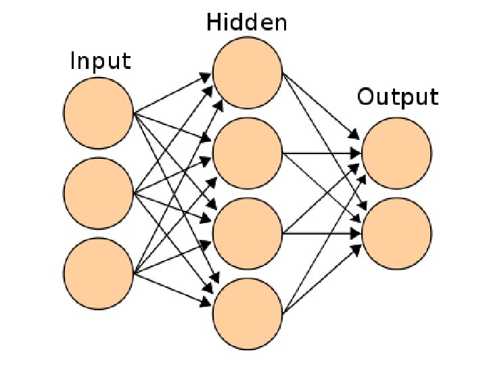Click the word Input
pos(101,63)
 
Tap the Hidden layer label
pos(247,24)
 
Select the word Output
pos(398,97)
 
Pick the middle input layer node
pos(99,193)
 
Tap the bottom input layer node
pos(99,273)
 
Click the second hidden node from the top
pos(248,153)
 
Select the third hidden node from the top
pos(248,233)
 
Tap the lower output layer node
pos(396,233)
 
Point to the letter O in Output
pos(365,97)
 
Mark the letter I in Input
pos(74,62)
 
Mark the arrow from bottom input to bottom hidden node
pos(173,286)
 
